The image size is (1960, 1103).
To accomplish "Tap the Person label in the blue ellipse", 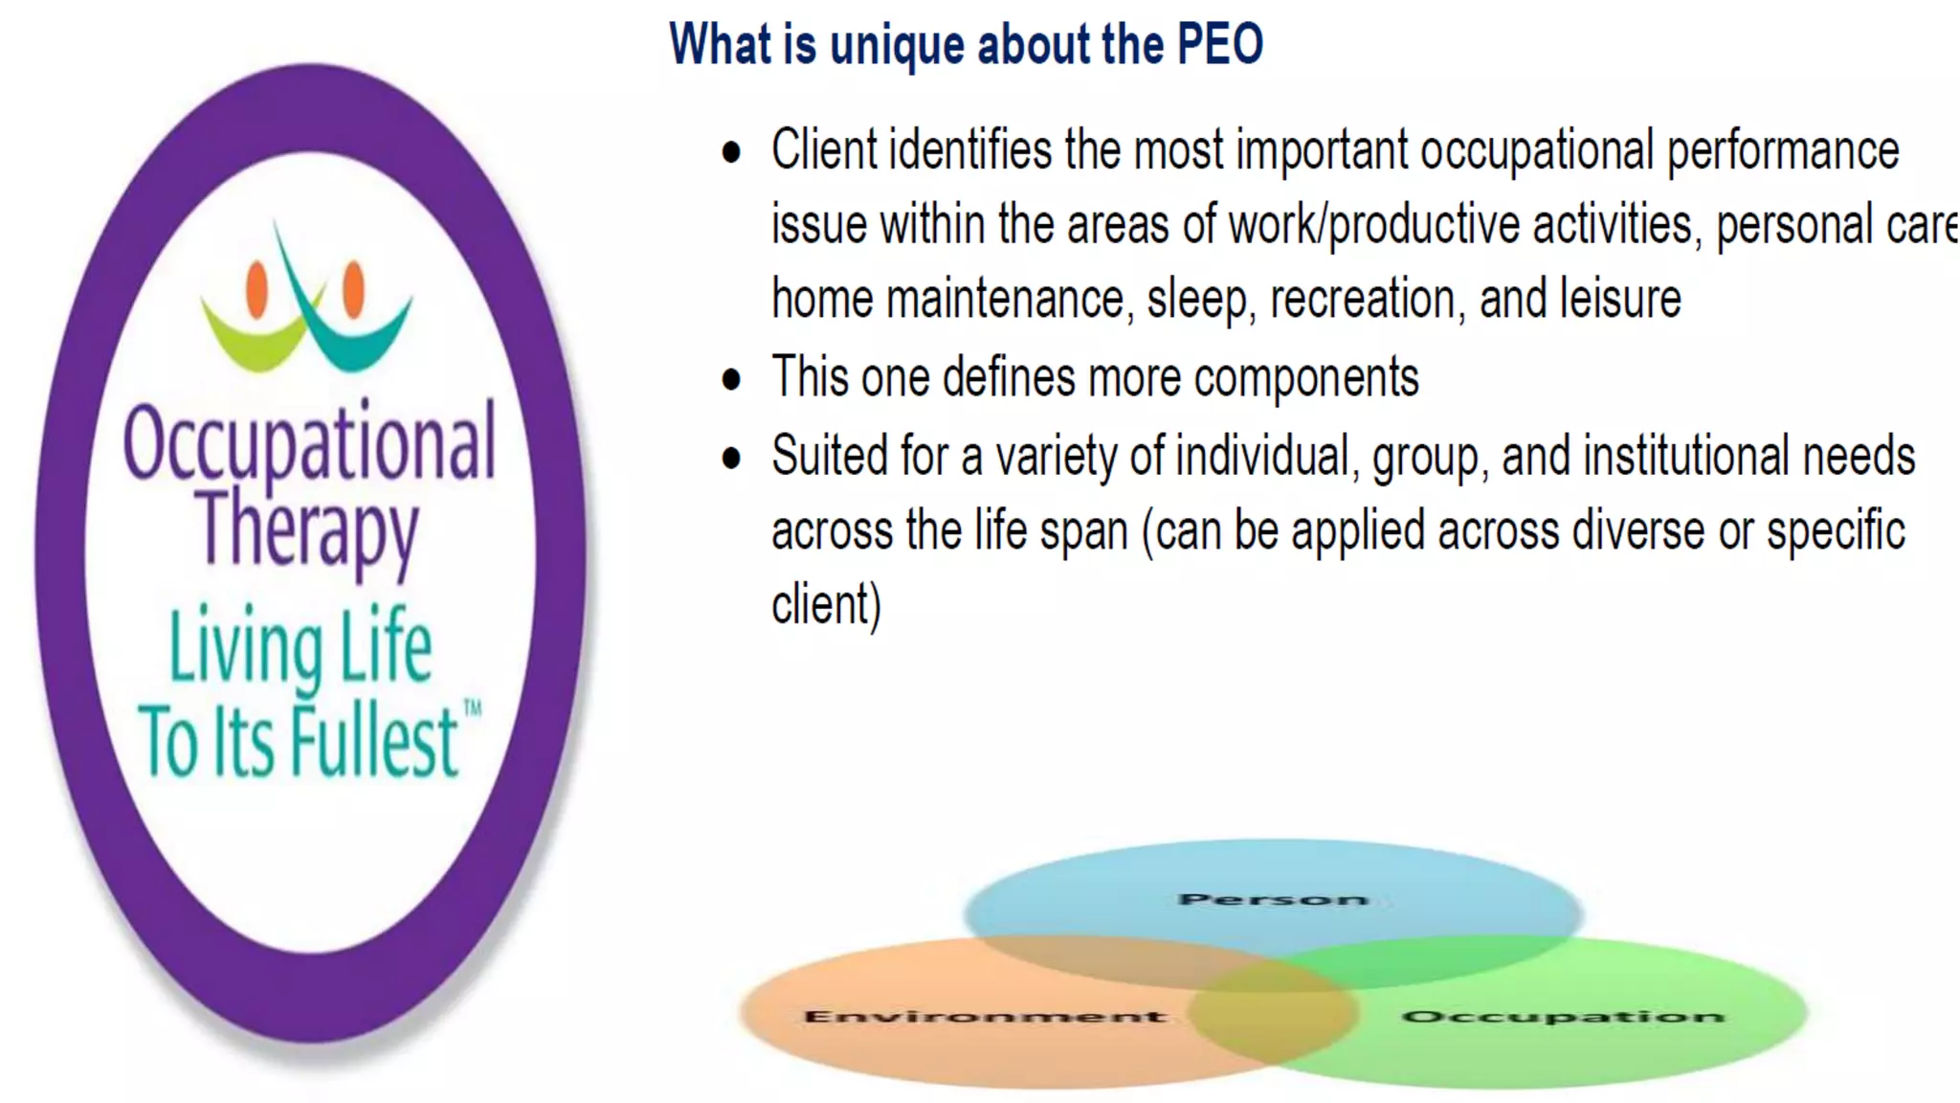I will (x=1272, y=899).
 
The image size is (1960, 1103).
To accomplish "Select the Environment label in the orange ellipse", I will (x=985, y=1016).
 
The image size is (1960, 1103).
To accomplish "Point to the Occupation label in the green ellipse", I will (x=1563, y=1016).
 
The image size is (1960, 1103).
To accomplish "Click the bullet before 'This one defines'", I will (x=732, y=379).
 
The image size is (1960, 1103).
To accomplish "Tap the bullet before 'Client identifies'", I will (x=732, y=152).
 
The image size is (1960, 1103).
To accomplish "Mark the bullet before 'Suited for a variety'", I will (x=732, y=458).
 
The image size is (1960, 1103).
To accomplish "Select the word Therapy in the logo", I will (x=308, y=529).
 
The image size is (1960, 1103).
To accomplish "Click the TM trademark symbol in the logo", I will (x=472, y=709).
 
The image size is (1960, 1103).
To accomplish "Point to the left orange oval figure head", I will (x=256, y=288).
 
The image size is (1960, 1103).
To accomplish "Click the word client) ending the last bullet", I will (x=826, y=605).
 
